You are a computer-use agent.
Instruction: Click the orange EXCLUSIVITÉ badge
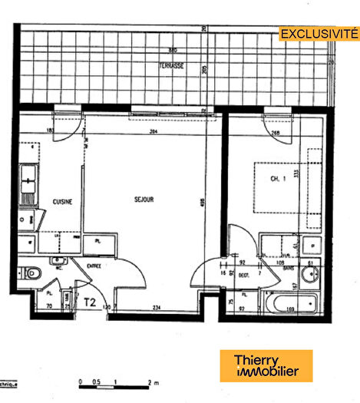pyautogui.click(x=319, y=34)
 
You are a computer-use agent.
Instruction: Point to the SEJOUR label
pyautogui.click(x=144, y=200)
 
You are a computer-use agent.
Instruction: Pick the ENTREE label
pyautogui.click(x=94, y=266)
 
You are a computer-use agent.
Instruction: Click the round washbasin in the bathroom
pyautogui.click(x=311, y=275)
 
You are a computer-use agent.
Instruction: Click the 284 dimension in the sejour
pyautogui.click(x=153, y=131)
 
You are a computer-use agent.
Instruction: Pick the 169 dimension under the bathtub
pyautogui.click(x=291, y=309)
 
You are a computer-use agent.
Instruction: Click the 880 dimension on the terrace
pyautogui.click(x=173, y=51)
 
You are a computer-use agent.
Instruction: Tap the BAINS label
pyautogui.click(x=289, y=269)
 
